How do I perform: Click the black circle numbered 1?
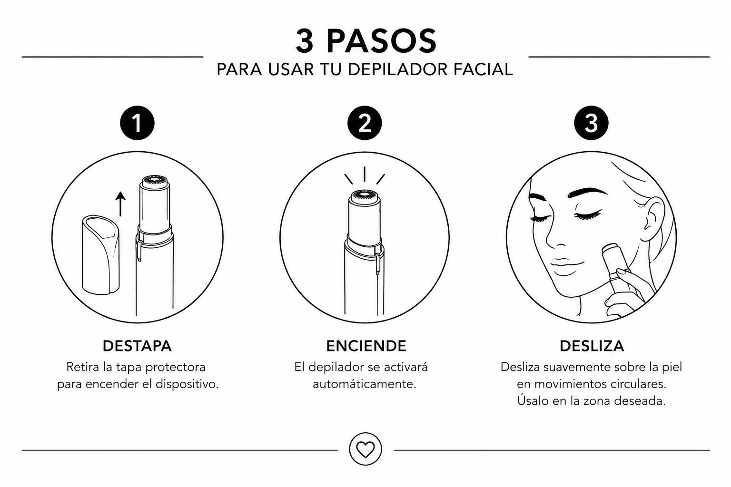click(x=137, y=123)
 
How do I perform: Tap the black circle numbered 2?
click(x=364, y=123)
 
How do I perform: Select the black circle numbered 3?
click(x=591, y=123)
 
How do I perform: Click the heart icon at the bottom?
click(x=365, y=449)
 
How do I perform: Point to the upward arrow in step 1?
click(x=120, y=204)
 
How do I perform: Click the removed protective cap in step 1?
click(x=100, y=254)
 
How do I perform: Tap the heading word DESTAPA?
click(x=137, y=346)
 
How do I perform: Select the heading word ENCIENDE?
click(x=366, y=346)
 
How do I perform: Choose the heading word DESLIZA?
click(x=592, y=346)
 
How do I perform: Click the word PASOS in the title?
click(x=381, y=41)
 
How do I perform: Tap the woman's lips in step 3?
click(x=560, y=262)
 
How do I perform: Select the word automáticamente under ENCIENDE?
click(x=365, y=384)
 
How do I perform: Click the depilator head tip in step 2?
click(x=364, y=196)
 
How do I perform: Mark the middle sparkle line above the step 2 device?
click(x=364, y=174)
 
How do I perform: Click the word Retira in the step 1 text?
click(x=82, y=367)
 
